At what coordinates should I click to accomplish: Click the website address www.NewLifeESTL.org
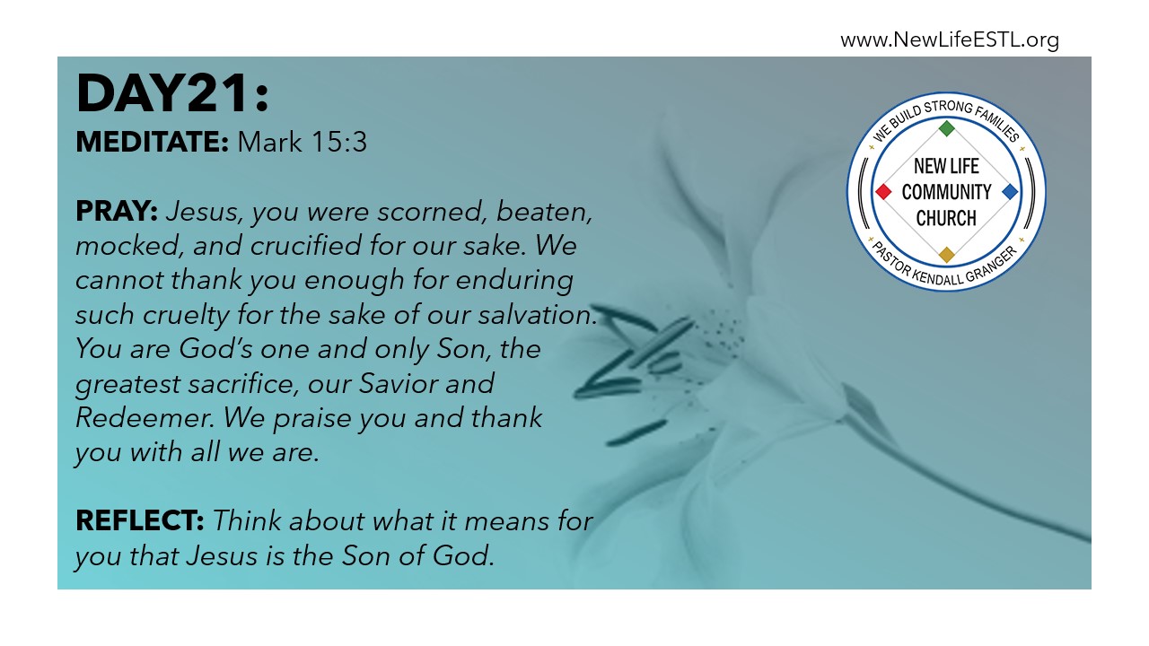(950, 40)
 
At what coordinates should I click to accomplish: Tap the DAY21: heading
(172, 93)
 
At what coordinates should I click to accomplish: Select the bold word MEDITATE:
(152, 142)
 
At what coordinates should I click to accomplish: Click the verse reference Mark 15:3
(303, 142)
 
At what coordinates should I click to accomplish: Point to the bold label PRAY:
(117, 211)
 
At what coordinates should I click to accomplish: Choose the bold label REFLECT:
(139, 520)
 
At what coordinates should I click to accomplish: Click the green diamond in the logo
(946, 128)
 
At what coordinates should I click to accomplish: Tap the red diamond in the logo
(883, 192)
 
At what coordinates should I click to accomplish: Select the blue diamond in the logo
(1010, 192)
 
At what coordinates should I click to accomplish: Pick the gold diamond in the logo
(946, 255)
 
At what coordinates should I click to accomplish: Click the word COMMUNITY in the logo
(946, 192)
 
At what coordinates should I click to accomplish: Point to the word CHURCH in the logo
(946, 218)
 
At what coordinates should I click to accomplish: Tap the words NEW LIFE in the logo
(946, 166)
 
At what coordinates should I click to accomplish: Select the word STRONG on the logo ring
(949, 108)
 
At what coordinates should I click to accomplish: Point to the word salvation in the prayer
(538, 314)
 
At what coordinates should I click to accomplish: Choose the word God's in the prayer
(215, 349)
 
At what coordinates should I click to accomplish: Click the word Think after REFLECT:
(247, 521)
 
